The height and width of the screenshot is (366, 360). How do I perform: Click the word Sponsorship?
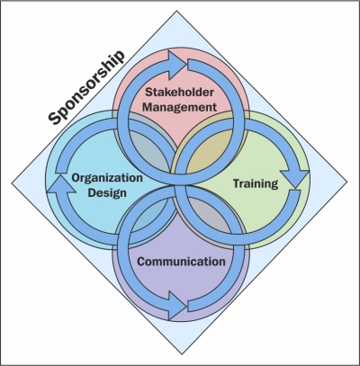[86, 87]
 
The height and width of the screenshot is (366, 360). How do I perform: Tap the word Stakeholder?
[179, 92]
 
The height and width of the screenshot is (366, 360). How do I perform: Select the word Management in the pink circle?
[179, 107]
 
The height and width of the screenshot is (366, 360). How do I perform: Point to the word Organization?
[107, 178]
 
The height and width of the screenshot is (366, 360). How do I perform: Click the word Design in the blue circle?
[107, 192]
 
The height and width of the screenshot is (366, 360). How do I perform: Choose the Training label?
[256, 183]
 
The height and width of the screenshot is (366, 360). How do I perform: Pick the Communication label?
[181, 262]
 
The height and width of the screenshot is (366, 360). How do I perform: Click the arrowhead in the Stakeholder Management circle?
[177, 66]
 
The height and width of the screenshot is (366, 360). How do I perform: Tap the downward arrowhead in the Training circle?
[295, 179]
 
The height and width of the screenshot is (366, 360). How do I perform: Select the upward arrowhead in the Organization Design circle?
[61, 184]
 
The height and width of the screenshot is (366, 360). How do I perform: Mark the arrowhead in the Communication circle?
[177, 306]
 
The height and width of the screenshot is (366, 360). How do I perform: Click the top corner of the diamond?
[176, 11]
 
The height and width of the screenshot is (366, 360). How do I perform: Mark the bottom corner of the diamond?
[182, 354]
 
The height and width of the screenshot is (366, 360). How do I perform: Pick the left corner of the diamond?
[12, 183]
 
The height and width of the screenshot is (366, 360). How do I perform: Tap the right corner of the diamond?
[347, 182]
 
